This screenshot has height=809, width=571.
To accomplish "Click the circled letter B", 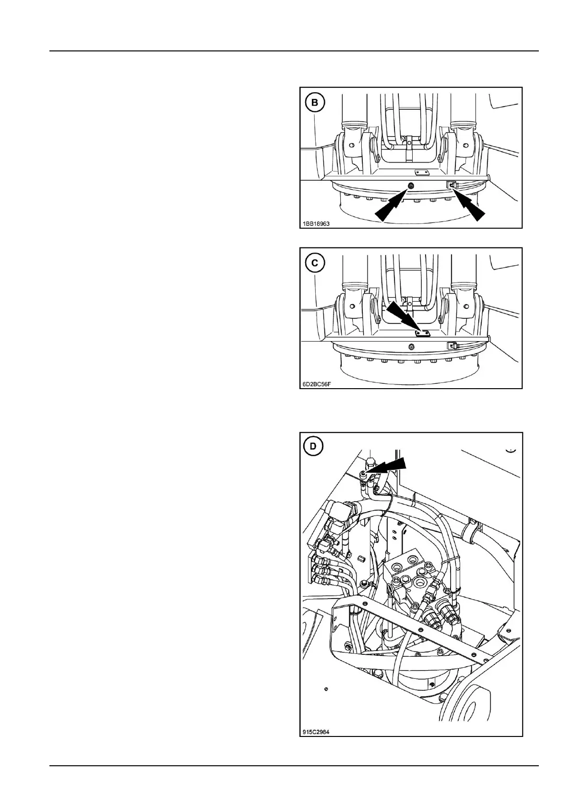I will [x=315, y=102].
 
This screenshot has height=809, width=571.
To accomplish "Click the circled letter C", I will [x=315, y=263].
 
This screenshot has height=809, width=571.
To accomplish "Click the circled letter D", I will [x=313, y=446].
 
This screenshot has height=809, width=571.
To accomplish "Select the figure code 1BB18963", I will [x=316, y=224].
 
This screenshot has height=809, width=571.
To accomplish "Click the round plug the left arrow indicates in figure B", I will [x=411, y=186].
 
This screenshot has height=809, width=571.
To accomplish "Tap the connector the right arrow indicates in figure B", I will [x=452, y=184].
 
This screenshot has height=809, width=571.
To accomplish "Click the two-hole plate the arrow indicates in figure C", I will [x=422, y=332].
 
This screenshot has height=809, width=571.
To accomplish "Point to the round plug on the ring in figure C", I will [x=411, y=346].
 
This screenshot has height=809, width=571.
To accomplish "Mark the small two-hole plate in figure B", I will [x=422, y=172].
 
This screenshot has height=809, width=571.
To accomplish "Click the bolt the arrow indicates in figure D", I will [x=365, y=474].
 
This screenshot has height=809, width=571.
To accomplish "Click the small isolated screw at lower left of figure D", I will [x=326, y=689].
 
